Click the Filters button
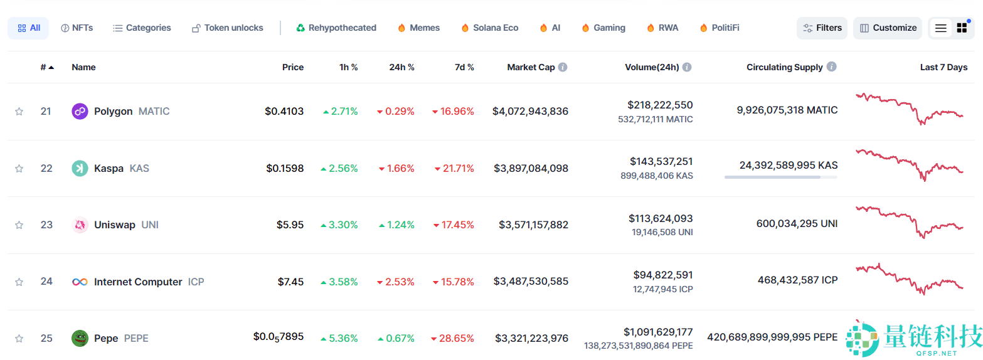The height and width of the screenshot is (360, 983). coord(822,28)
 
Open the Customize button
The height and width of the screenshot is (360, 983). coord(888,28)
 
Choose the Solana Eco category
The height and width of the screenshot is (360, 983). coord(489,28)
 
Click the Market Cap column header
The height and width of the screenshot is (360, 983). coord(531,67)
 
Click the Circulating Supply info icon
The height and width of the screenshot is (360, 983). coord(831,66)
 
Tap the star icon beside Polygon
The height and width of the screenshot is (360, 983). coord(19,112)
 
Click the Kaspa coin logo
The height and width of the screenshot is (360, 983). coord(80,168)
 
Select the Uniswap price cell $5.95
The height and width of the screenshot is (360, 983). coord(290,225)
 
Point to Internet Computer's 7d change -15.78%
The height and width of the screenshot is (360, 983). coord(453,282)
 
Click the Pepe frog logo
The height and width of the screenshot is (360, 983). coord(80,338)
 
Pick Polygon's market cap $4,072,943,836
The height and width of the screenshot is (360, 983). coord(530,112)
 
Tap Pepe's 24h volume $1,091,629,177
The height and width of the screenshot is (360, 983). coord(658,332)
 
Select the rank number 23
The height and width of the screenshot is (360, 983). coord(46,225)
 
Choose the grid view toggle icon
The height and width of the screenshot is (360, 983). coord(962,28)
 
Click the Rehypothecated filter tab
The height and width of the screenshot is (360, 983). coord(336,28)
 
